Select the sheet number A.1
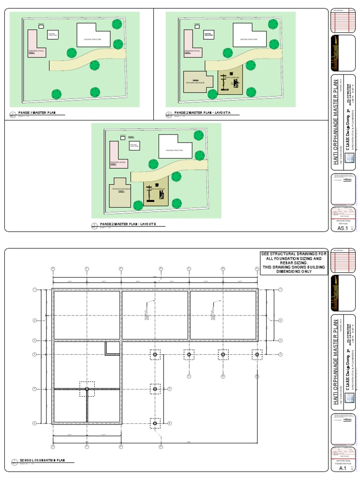(x=342, y=468)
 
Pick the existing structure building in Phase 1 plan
(x=94, y=36)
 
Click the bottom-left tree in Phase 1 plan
(x=56, y=94)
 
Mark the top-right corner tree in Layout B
(x=199, y=136)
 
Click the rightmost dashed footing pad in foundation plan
(x=256, y=354)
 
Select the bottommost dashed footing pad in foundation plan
(x=155, y=423)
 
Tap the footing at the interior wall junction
(x=87, y=389)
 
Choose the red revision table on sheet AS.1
(x=342, y=21)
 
